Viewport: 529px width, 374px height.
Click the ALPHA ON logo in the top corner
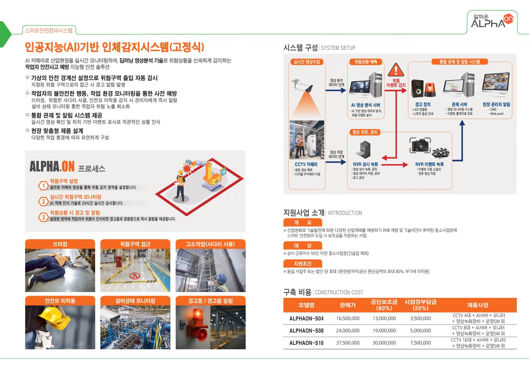coord(492,21)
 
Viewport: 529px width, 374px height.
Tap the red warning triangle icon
coord(396,70)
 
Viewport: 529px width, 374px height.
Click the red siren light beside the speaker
coord(430,90)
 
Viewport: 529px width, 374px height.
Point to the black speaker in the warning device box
coord(417,88)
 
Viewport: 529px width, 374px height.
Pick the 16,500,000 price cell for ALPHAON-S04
coord(348,318)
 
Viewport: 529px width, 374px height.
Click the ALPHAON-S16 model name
coord(306,343)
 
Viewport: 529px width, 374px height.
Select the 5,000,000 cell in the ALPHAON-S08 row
coord(420,331)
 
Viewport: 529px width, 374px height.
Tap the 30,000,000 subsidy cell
coord(384,343)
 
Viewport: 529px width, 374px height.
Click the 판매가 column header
coord(348,305)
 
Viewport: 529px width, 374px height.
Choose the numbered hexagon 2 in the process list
coord(43,201)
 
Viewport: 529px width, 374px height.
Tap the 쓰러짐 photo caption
coord(60,244)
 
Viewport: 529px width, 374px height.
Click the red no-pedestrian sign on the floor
coord(135,275)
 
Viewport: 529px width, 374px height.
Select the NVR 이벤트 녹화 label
coord(429,164)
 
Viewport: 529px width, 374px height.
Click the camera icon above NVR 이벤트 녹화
coord(420,145)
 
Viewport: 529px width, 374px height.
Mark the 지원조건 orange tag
coord(303,264)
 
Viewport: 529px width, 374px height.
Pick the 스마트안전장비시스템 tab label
coord(49,30)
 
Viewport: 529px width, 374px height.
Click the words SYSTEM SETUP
coord(338,48)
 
